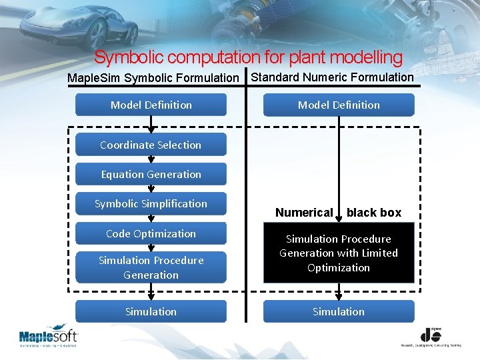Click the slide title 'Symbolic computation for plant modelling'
pos(248,58)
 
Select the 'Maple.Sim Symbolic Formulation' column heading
pos(153,79)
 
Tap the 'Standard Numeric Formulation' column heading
pos(332,77)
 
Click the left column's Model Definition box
pos(151,105)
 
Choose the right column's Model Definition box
pos(339,105)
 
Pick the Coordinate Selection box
pos(151,145)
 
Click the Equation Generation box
pos(151,175)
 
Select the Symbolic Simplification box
pos(151,204)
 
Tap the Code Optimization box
pos(151,233)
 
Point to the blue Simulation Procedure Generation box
pos(151,267)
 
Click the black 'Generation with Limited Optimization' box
pos(339,253)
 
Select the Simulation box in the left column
pos(151,311)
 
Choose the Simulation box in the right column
pos(339,311)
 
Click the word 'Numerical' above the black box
pos(304,213)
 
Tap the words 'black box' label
pos(374,213)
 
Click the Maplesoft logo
pos(48,337)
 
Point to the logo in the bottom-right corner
pos(431,337)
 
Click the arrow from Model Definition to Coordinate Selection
pos(151,125)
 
